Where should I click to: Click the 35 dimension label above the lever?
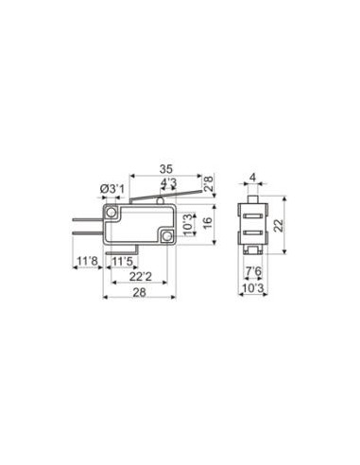click(x=166, y=169)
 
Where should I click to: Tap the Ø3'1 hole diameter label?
click(x=112, y=190)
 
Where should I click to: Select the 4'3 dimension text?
click(x=168, y=182)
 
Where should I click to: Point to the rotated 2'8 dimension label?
click(x=208, y=183)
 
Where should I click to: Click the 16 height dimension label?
click(x=208, y=223)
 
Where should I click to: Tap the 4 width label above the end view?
click(x=252, y=178)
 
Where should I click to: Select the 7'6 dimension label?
click(x=253, y=271)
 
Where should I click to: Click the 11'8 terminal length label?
click(x=88, y=261)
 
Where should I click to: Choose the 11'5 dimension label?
click(x=123, y=261)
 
